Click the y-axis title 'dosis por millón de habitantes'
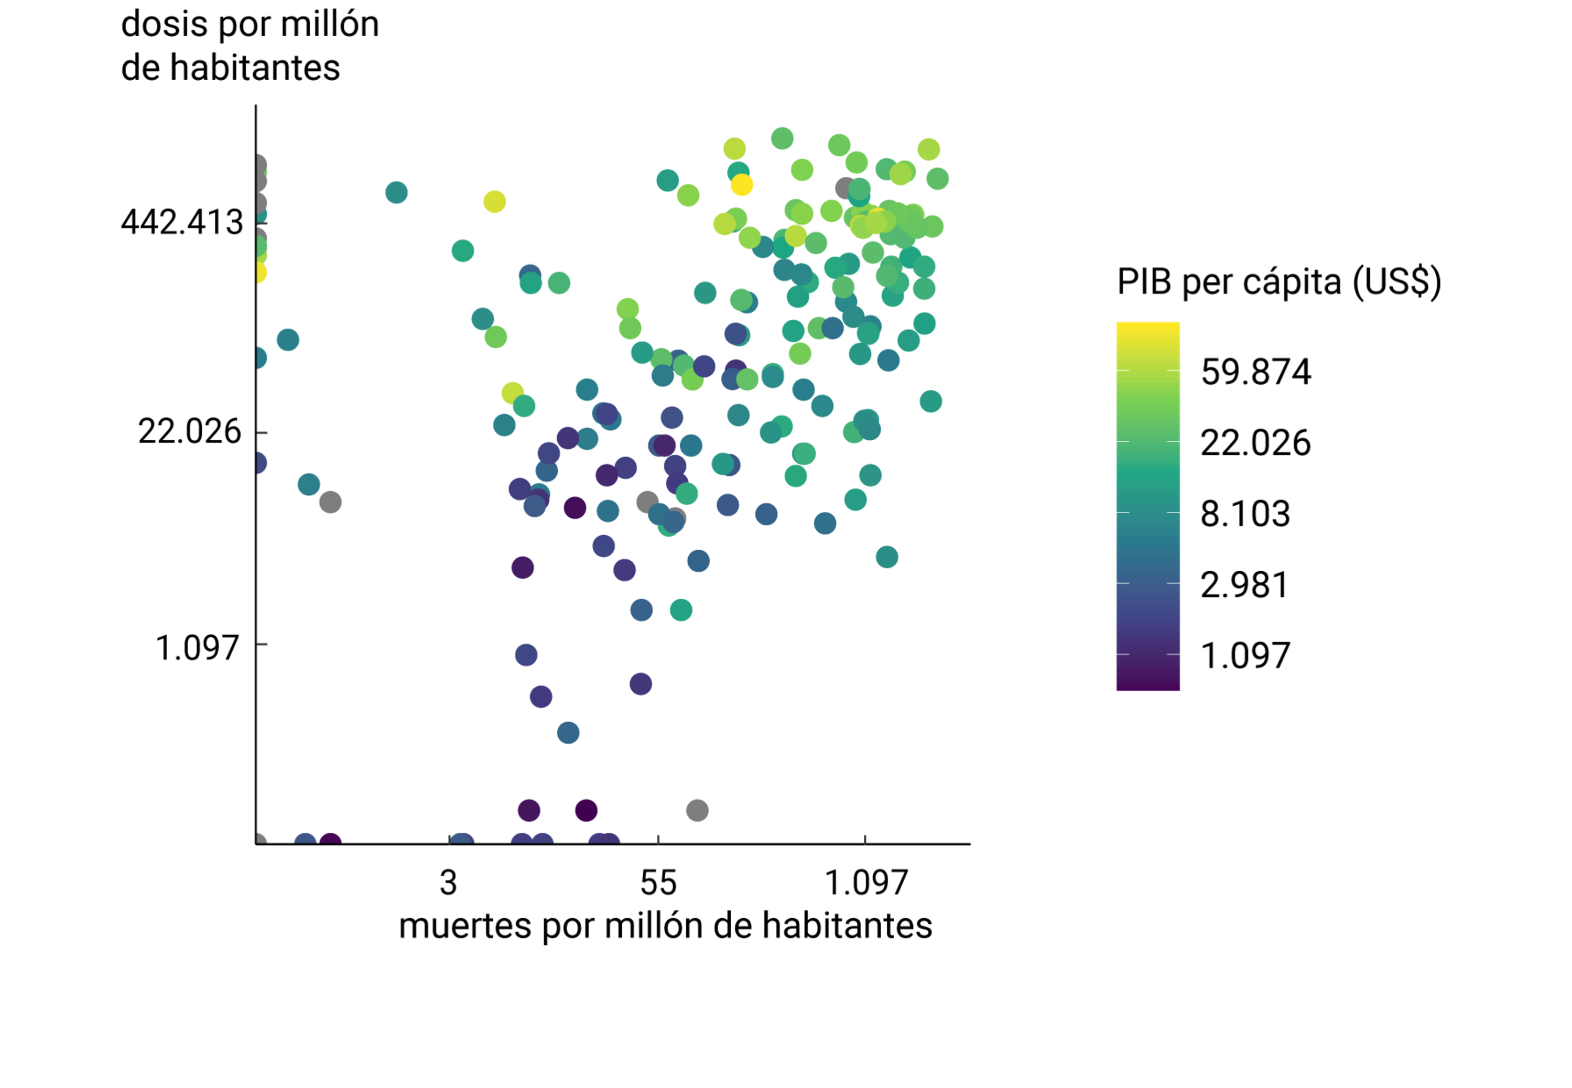click(250, 46)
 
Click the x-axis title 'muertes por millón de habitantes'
click(665, 926)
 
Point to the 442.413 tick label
click(181, 222)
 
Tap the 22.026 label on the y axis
click(190, 431)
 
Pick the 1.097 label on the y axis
click(197, 648)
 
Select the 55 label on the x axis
click(658, 883)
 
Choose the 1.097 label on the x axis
click(866, 883)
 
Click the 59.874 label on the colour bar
click(1255, 372)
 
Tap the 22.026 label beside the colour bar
click(1255, 442)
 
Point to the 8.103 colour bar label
click(1245, 513)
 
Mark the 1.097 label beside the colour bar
click(1245, 655)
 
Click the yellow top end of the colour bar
click(1147, 327)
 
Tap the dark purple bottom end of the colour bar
click(1147, 684)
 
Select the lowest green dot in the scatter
click(681, 610)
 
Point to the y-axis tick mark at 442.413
click(262, 222)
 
